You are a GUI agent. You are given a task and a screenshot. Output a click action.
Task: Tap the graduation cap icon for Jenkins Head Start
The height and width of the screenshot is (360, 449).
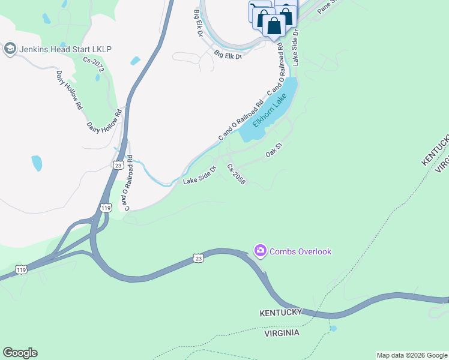pyautogui.click(x=10, y=49)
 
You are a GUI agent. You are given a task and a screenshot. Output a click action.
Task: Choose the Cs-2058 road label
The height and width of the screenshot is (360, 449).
pyautogui.click(x=236, y=173)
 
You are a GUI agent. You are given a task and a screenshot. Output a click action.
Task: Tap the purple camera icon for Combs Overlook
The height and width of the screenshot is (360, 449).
pyautogui.click(x=260, y=250)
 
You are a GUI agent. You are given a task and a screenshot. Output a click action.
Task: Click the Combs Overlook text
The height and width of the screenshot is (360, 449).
pyautogui.click(x=301, y=251)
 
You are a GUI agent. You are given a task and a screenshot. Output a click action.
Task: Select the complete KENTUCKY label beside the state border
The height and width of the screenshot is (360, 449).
pyautogui.click(x=280, y=313)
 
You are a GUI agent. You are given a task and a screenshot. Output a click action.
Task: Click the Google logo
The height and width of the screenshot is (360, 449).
pyautogui.click(x=20, y=353)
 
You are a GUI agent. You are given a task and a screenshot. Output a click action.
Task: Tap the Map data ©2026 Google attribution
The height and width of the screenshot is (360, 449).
pyautogui.click(x=412, y=355)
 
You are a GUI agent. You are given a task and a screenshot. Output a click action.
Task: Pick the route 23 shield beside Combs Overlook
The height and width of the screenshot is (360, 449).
pyautogui.click(x=198, y=258)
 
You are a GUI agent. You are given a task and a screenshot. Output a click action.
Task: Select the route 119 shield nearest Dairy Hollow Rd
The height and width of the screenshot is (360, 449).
pyautogui.click(x=106, y=208)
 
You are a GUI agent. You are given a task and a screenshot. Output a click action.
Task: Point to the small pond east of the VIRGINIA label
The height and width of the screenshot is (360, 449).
pyautogui.click(x=333, y=329)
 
